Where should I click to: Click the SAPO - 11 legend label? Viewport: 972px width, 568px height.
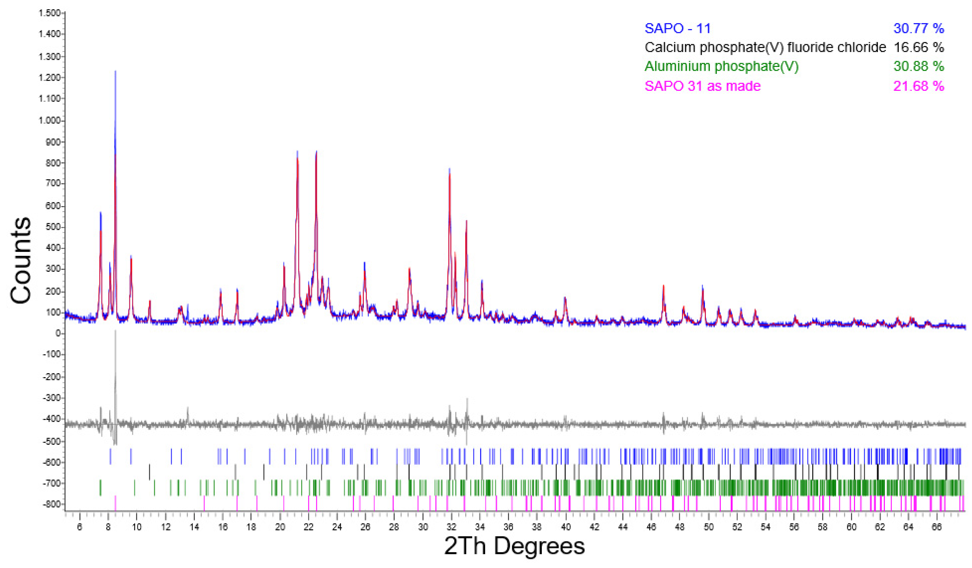[x=677, y=28]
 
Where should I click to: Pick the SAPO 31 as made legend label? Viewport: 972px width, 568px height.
[x=702, y=86]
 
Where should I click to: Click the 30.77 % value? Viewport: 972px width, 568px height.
[x=918, y=28]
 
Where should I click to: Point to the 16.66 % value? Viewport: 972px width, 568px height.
[x=918, y=47]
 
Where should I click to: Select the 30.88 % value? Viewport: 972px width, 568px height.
[x=918, y=66]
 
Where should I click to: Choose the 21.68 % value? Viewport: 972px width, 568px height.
[x=918, y=86]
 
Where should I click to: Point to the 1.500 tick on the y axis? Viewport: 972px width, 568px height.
[x=49, y=14]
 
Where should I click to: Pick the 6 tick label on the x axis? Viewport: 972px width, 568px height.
[x=79, y=527]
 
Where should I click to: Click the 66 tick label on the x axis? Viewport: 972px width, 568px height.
[x=937, y=527]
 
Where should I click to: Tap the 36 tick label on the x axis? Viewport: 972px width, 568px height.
[x=508, y=527]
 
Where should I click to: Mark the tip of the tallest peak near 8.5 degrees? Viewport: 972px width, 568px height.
[x=115, y=71]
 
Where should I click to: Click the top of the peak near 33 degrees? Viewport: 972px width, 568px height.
[x=466, y=221]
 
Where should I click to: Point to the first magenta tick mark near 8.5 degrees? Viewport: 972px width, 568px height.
[x=115, y=503]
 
